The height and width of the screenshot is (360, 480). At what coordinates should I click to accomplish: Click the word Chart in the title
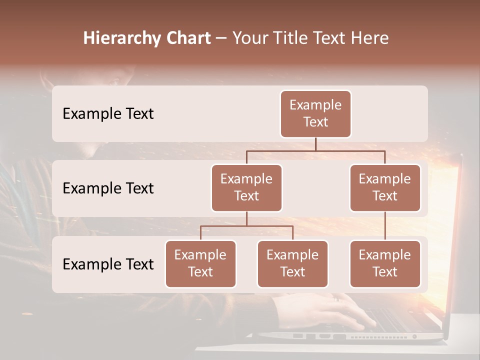click(x=186, y=38)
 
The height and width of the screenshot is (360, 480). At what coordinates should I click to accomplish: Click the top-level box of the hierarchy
click(x=315, y=113)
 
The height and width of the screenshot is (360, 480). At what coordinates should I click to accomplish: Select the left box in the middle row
click(x=246, y=187)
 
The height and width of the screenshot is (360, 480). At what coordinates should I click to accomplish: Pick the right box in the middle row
click(x=385, y=187)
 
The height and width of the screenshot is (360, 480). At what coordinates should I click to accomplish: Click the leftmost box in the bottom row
click(x=200, y=263)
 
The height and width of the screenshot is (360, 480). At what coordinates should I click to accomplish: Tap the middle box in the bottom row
click(x=292, y=263)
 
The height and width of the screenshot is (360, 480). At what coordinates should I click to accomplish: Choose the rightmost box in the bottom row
click(x=385, y=263)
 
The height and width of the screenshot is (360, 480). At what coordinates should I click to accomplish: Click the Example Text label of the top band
click(x=108, y=113)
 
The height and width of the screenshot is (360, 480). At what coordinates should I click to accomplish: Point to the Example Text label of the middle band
click(x=108, y=188)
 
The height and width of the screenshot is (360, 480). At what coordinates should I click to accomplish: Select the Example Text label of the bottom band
click(x=108, y=264)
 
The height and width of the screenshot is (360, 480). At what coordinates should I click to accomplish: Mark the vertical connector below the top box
click(x=315, y=144)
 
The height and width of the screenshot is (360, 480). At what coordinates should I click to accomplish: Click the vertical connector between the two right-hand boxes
click(x=385, y=226)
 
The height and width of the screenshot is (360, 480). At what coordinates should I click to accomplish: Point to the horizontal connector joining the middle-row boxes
click(x=315, y=150)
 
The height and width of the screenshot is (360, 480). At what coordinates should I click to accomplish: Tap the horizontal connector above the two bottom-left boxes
click(x=246, y=226)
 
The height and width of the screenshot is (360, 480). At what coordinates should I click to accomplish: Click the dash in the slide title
click(x=221, y=38)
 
